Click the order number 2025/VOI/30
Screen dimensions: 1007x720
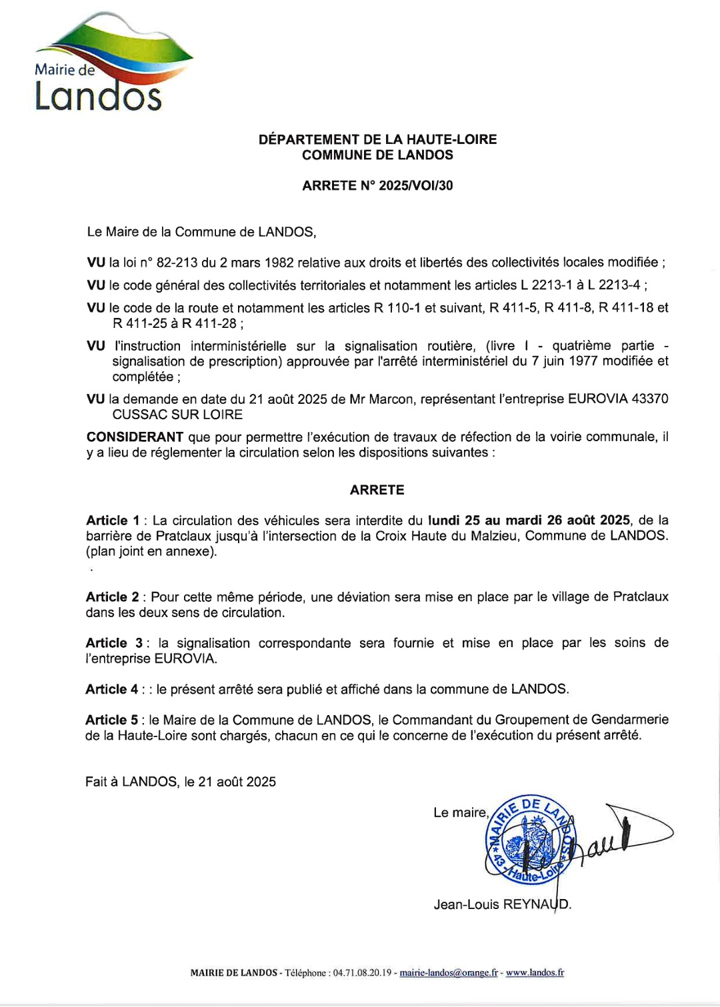(415, 186)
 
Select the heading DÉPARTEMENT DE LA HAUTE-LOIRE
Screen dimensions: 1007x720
(377, 139)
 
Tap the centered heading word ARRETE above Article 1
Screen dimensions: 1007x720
(377, 490)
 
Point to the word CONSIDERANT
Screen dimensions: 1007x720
(135, 437)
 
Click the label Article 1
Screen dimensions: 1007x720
(113, 520)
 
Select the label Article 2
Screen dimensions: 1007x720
(112, 597)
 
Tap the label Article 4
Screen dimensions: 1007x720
(111, 690)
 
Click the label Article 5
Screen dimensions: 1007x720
(111, 720)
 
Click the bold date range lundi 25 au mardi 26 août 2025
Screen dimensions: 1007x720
(529, 520)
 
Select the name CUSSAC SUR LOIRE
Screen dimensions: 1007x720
(177, 415)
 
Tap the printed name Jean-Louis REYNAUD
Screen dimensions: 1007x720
(502, 904)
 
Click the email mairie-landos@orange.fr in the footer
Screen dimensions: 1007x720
(448, 973)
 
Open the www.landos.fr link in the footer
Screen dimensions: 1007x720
(535, 973)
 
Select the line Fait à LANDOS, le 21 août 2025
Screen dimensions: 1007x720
(181, 782)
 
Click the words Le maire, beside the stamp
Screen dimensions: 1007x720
(461, 812)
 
